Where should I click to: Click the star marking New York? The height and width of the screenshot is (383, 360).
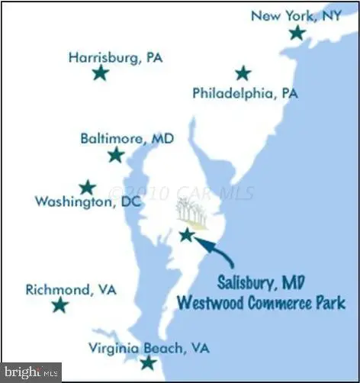pos(297,33)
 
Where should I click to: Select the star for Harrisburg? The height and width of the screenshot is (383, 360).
pos(100,73)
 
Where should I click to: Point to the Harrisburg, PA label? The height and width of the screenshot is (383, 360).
pos(115,56)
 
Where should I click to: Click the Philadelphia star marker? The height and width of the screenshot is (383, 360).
pos(243,73)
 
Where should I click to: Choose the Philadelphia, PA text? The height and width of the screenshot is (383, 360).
pos(245,94)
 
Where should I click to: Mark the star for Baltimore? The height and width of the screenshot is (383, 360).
pos(116,156)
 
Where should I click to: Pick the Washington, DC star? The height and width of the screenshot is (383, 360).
pos(88,188)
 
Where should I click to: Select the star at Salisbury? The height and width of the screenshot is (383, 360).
pos(186,235)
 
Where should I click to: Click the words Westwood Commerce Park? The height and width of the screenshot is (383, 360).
pos(260,302)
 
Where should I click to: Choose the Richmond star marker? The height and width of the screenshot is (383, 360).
pos(59,306)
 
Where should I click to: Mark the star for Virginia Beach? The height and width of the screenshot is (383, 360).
pos(148,362)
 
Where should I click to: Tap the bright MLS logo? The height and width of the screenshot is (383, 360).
pos(30,373)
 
